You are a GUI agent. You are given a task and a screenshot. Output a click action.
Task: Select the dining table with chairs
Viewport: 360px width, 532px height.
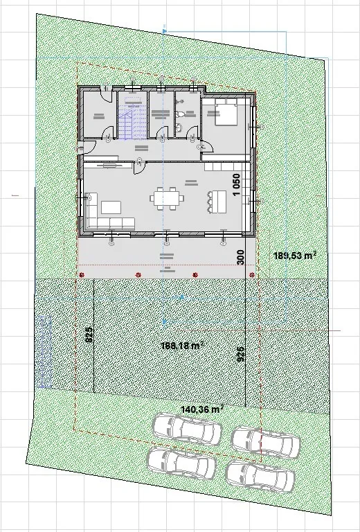(x=167, y=198)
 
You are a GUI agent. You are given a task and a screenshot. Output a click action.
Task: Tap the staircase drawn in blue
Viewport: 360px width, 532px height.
(x=127, y=125)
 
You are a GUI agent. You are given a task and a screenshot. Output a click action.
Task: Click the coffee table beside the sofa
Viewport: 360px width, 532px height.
(x=111, y=206)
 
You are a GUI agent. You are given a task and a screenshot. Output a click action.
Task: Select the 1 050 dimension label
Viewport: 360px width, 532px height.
(x=236, y=185)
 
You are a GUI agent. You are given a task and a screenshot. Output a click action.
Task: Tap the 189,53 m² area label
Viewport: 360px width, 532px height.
(x=295, y=256)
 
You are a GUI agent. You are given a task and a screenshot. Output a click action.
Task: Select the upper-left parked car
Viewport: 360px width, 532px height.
(x=188, y=429)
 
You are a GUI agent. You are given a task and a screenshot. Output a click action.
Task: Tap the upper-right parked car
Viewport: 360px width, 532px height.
(x=266, y=441)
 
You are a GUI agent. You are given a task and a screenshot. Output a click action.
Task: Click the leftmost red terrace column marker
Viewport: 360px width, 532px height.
(x=82, y=275)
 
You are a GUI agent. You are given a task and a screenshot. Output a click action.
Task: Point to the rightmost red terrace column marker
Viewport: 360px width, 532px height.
(x=251, y=275)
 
